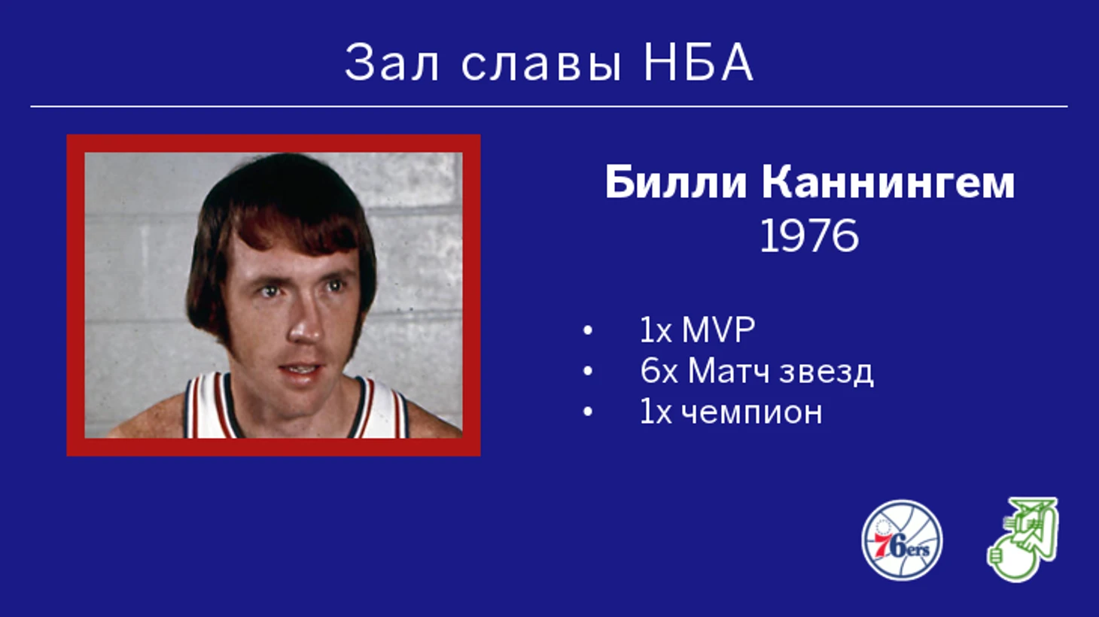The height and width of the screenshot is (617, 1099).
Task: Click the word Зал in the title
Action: (x=391, y=63)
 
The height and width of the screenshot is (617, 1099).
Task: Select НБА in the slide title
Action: (x=698, y=63)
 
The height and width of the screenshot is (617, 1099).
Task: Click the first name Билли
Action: (x=676, y=183)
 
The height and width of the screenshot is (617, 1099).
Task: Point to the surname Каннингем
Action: (x=888, y=183)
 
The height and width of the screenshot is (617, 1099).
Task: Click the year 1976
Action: (x=809, y=236)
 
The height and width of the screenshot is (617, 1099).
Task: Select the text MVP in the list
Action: (x=718, y=330)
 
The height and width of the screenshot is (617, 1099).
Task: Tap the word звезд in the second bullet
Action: (x=827, y=372)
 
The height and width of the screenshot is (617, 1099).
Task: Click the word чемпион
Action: (x=752, y=412)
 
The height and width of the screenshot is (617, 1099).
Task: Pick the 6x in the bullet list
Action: (x=659, y=371)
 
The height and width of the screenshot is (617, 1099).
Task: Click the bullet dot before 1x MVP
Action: (x=587, y=330)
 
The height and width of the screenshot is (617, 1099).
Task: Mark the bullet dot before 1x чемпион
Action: (x=587, y=412)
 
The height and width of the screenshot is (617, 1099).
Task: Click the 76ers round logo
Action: (x=902, y=540)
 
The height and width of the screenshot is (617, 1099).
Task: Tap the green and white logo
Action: (x=1022, y=539)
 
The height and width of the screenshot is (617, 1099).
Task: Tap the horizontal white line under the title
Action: (x=549, y=106)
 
